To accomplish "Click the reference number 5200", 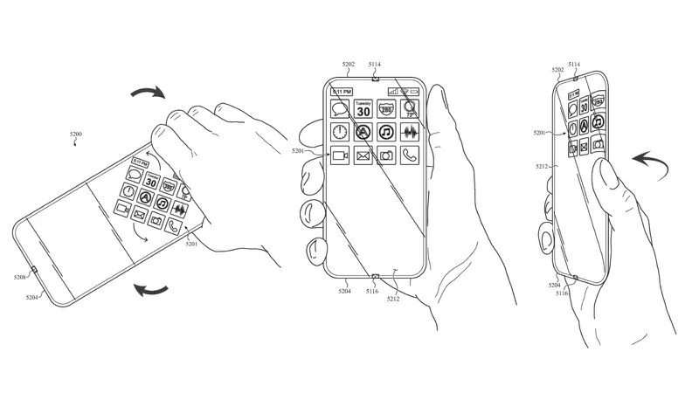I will click(x=76, y=135).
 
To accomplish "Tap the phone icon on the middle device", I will click(x=410, y=156).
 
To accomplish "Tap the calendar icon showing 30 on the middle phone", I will click(x=362, y=109).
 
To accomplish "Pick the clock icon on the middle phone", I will click(x=338, y=133).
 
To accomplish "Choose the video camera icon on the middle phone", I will click(x=338, y=156).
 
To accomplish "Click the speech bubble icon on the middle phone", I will click(x=338, y=109).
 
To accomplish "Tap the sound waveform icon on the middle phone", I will click(x=410, y=133).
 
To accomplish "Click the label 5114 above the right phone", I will click(x=575, y=65).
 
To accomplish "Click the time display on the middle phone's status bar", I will click(x=341, y=91).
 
